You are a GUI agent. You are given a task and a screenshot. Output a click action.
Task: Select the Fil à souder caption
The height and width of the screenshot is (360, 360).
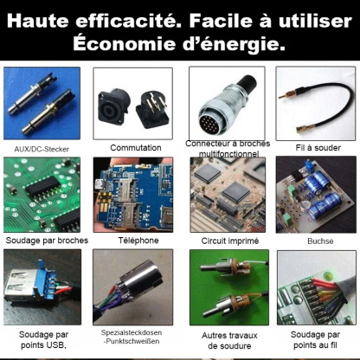pyautogui.click(x=311, y=148)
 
